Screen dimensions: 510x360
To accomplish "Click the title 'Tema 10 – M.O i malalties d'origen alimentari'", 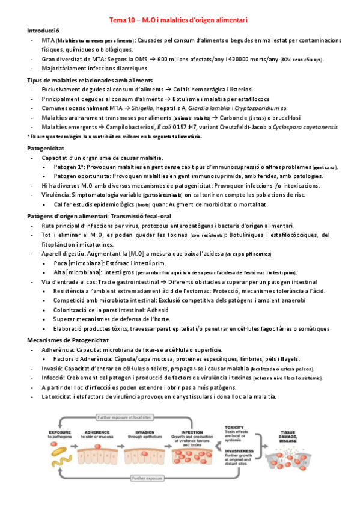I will tap(178, 20).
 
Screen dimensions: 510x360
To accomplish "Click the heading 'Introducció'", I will tap(43, 29).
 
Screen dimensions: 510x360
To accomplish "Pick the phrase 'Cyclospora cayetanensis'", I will tap(305, 127).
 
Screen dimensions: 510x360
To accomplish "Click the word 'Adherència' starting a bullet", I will tap(58, 349).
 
